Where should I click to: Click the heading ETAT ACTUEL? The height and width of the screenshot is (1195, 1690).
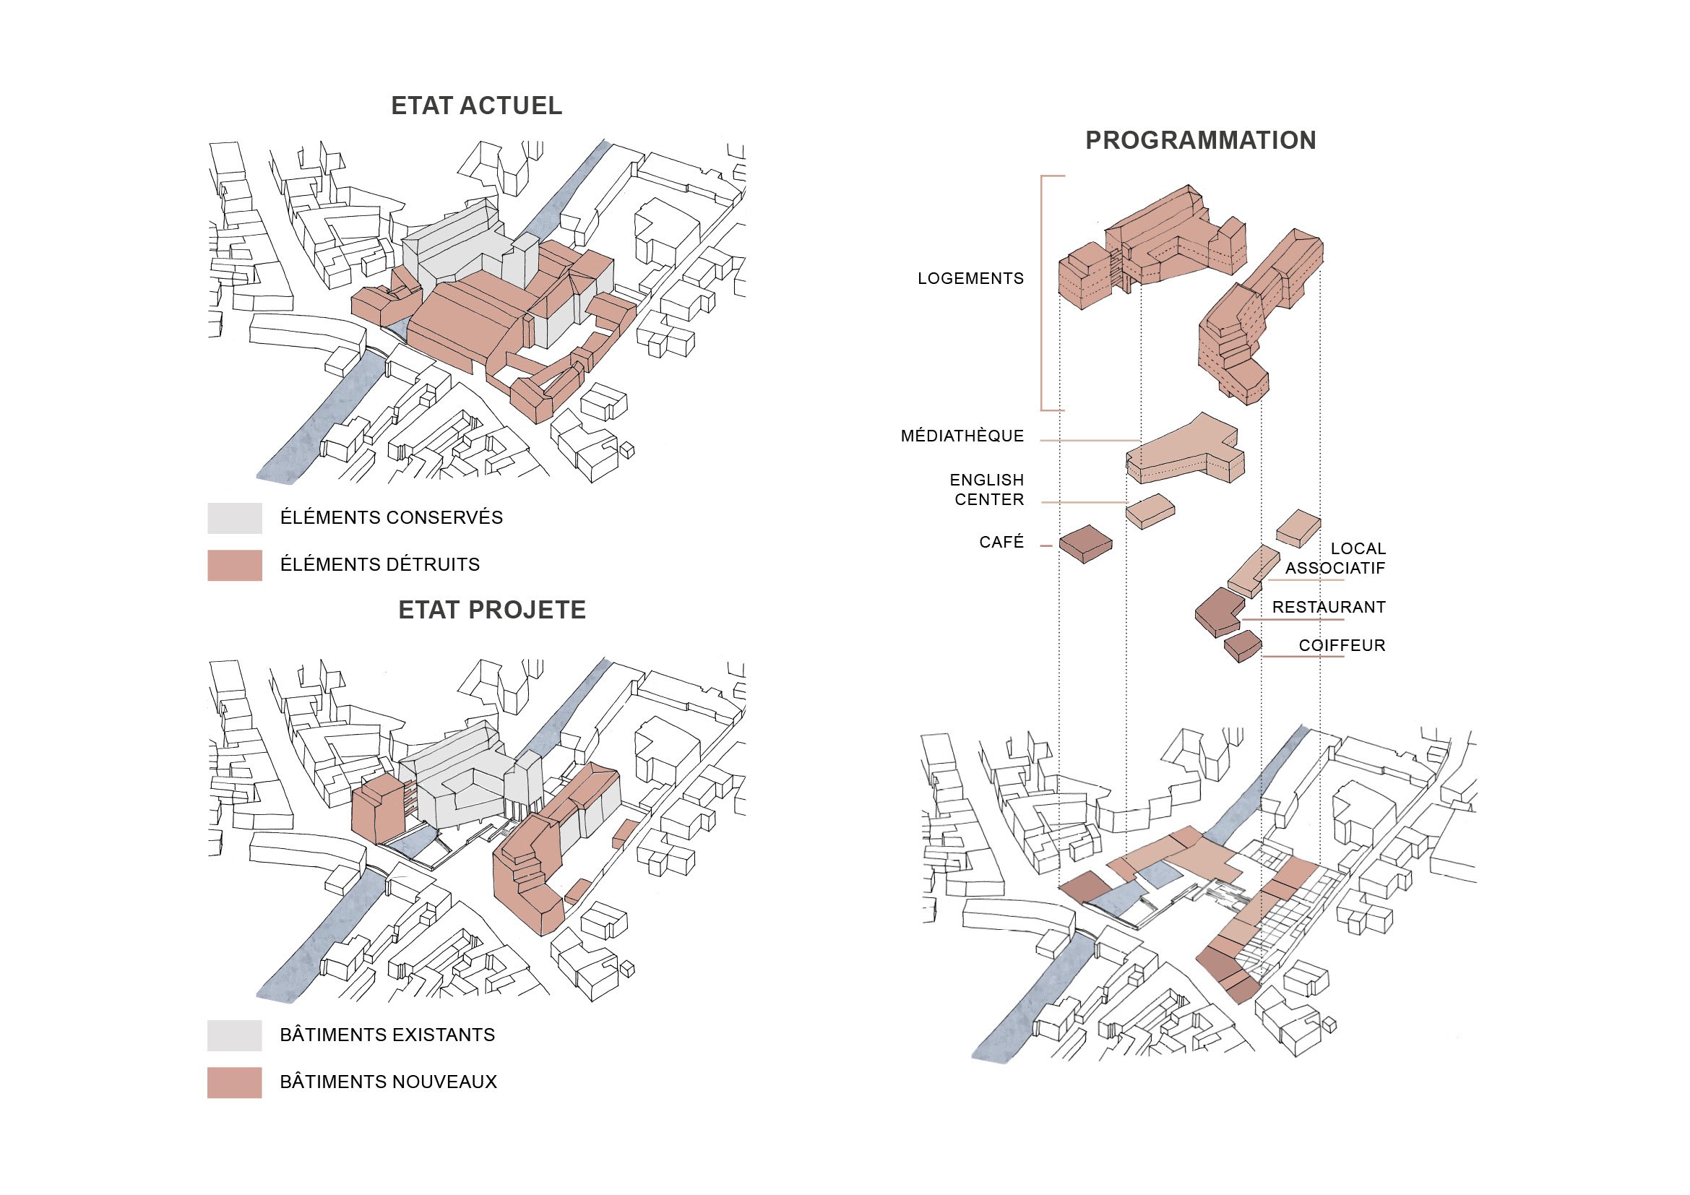click(476, 106)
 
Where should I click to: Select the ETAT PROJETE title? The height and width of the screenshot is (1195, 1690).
click(492, 610)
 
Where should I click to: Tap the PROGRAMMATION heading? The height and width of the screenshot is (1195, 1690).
click(1201, 141)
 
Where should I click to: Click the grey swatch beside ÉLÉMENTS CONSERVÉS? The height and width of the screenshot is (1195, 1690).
click(235, 518)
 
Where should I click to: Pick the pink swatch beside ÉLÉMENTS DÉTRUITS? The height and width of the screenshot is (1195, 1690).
click(235, 565)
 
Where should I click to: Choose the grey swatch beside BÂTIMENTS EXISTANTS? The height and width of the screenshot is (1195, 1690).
click(235, 1035)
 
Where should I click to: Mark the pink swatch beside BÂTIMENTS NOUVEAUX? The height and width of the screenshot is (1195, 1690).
click(235, 1082)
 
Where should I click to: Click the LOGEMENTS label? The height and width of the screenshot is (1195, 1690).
click(970, 279)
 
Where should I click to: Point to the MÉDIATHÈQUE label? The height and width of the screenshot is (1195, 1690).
click(962, 436)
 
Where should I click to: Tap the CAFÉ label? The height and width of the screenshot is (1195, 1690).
click(1001, 543)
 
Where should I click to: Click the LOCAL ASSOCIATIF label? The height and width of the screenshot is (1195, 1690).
click(1336, 558)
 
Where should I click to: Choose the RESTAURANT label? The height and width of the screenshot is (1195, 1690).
click(1329, 607)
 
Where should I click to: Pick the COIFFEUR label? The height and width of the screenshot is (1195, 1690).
click(1342, 645)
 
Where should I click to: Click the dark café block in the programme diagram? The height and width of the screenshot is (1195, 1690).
click(1086, 544)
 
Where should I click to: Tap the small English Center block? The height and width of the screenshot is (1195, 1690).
click(1150, 511)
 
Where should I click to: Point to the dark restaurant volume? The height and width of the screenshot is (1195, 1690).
click(1218, 611)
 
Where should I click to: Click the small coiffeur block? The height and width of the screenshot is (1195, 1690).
click(1243, 645)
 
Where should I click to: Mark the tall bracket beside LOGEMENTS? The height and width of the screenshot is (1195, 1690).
click(1043, 293)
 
